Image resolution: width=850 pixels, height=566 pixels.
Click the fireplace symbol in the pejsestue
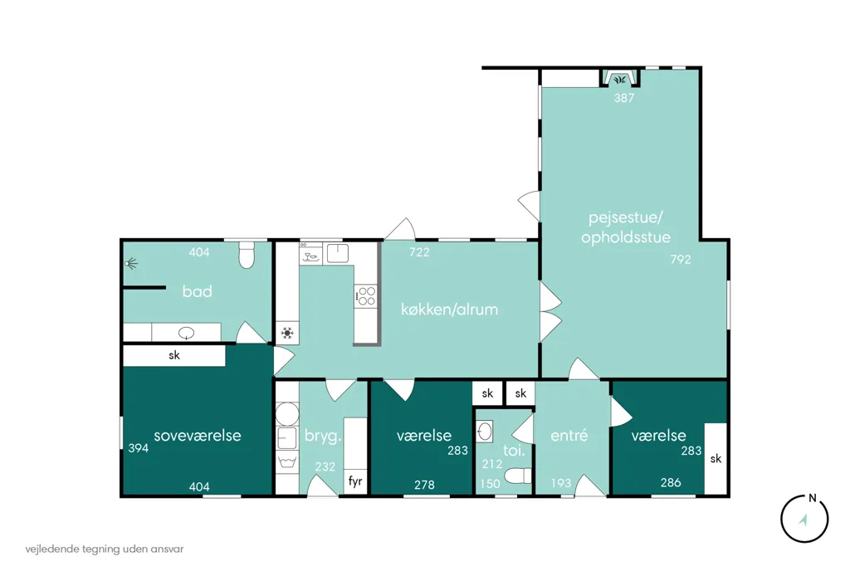click(x=619, y=80)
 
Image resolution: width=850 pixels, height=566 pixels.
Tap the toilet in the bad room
click(x=247, y=255)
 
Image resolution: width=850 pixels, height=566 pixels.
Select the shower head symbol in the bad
click(x=130, y=264)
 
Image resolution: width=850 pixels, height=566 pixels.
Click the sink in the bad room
click(x=186, y=332)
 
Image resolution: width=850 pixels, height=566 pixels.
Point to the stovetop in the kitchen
click(x=366, y=296)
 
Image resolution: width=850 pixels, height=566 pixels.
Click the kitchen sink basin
click(x=338, y=253)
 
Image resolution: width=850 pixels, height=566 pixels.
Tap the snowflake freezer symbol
click(x=287, y=333)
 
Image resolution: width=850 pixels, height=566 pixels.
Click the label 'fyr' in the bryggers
click(x=355, y=481)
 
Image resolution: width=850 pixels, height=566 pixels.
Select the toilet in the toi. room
click(x=518, y=476)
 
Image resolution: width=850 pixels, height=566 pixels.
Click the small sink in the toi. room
click(x=485, y=432)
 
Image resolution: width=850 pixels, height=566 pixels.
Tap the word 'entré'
click(x=569, y=436)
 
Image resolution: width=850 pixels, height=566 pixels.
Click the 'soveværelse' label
click(x=198, y=436)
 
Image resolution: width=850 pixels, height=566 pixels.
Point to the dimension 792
click(x=681, y=260)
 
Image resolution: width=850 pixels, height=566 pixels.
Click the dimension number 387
click(x=624, y=98)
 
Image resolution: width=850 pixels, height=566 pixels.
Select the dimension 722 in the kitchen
click(x=419, y=252)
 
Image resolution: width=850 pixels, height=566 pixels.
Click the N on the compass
click(x=812, y=498)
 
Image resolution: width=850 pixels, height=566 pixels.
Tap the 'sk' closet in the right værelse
click(x=716, y=459)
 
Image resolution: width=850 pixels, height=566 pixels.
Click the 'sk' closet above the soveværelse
click(x=174, y=356)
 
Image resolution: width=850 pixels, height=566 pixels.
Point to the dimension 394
click(x=139, y=448)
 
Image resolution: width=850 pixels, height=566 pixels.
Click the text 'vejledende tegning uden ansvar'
click(x=105, y=549)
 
